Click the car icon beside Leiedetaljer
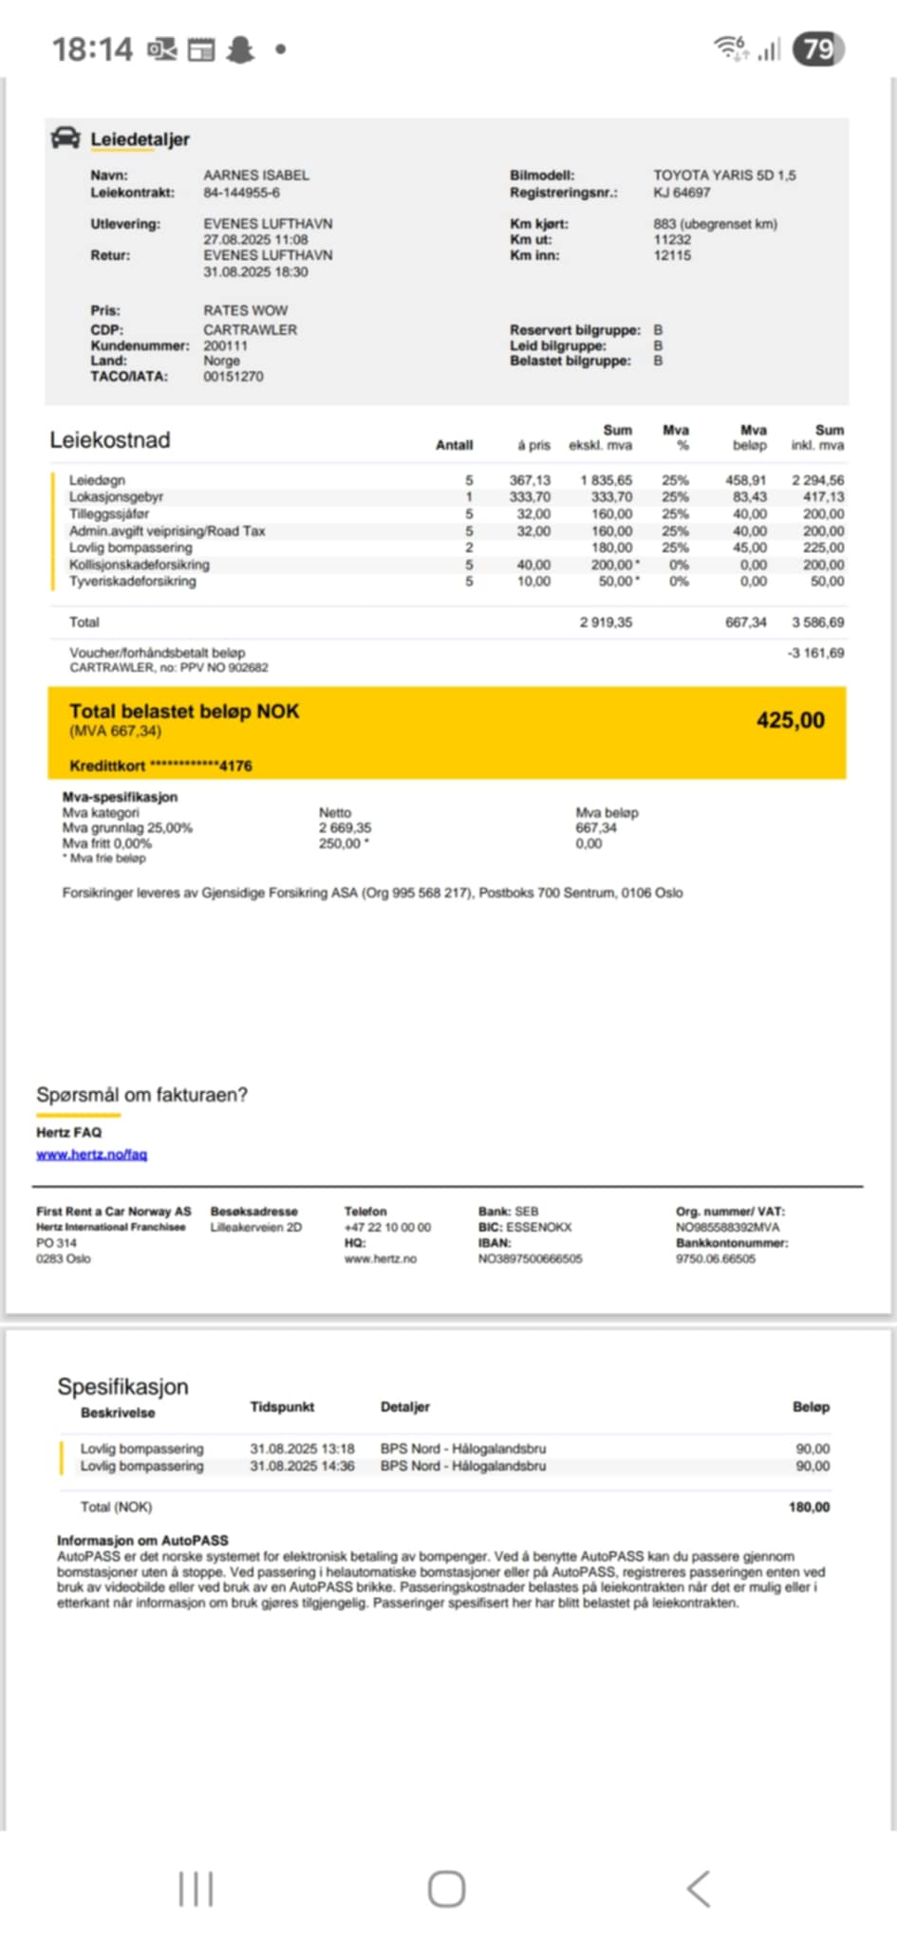65,138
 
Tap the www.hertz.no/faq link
91,1155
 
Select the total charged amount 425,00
790,720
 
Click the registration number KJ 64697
682,193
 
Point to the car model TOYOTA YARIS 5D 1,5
724,176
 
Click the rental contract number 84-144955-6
241,193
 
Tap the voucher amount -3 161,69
815,653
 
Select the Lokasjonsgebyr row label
116,497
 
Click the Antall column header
454,445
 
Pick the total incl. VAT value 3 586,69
817,622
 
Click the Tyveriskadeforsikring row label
132,581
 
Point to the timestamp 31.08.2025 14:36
302,1466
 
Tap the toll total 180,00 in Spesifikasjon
809,1507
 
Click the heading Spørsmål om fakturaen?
141,1095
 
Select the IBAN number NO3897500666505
530,1259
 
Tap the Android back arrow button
699,1889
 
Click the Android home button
446,1889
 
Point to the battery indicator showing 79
818,48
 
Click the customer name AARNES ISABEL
256,176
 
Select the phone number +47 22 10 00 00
387,1228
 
